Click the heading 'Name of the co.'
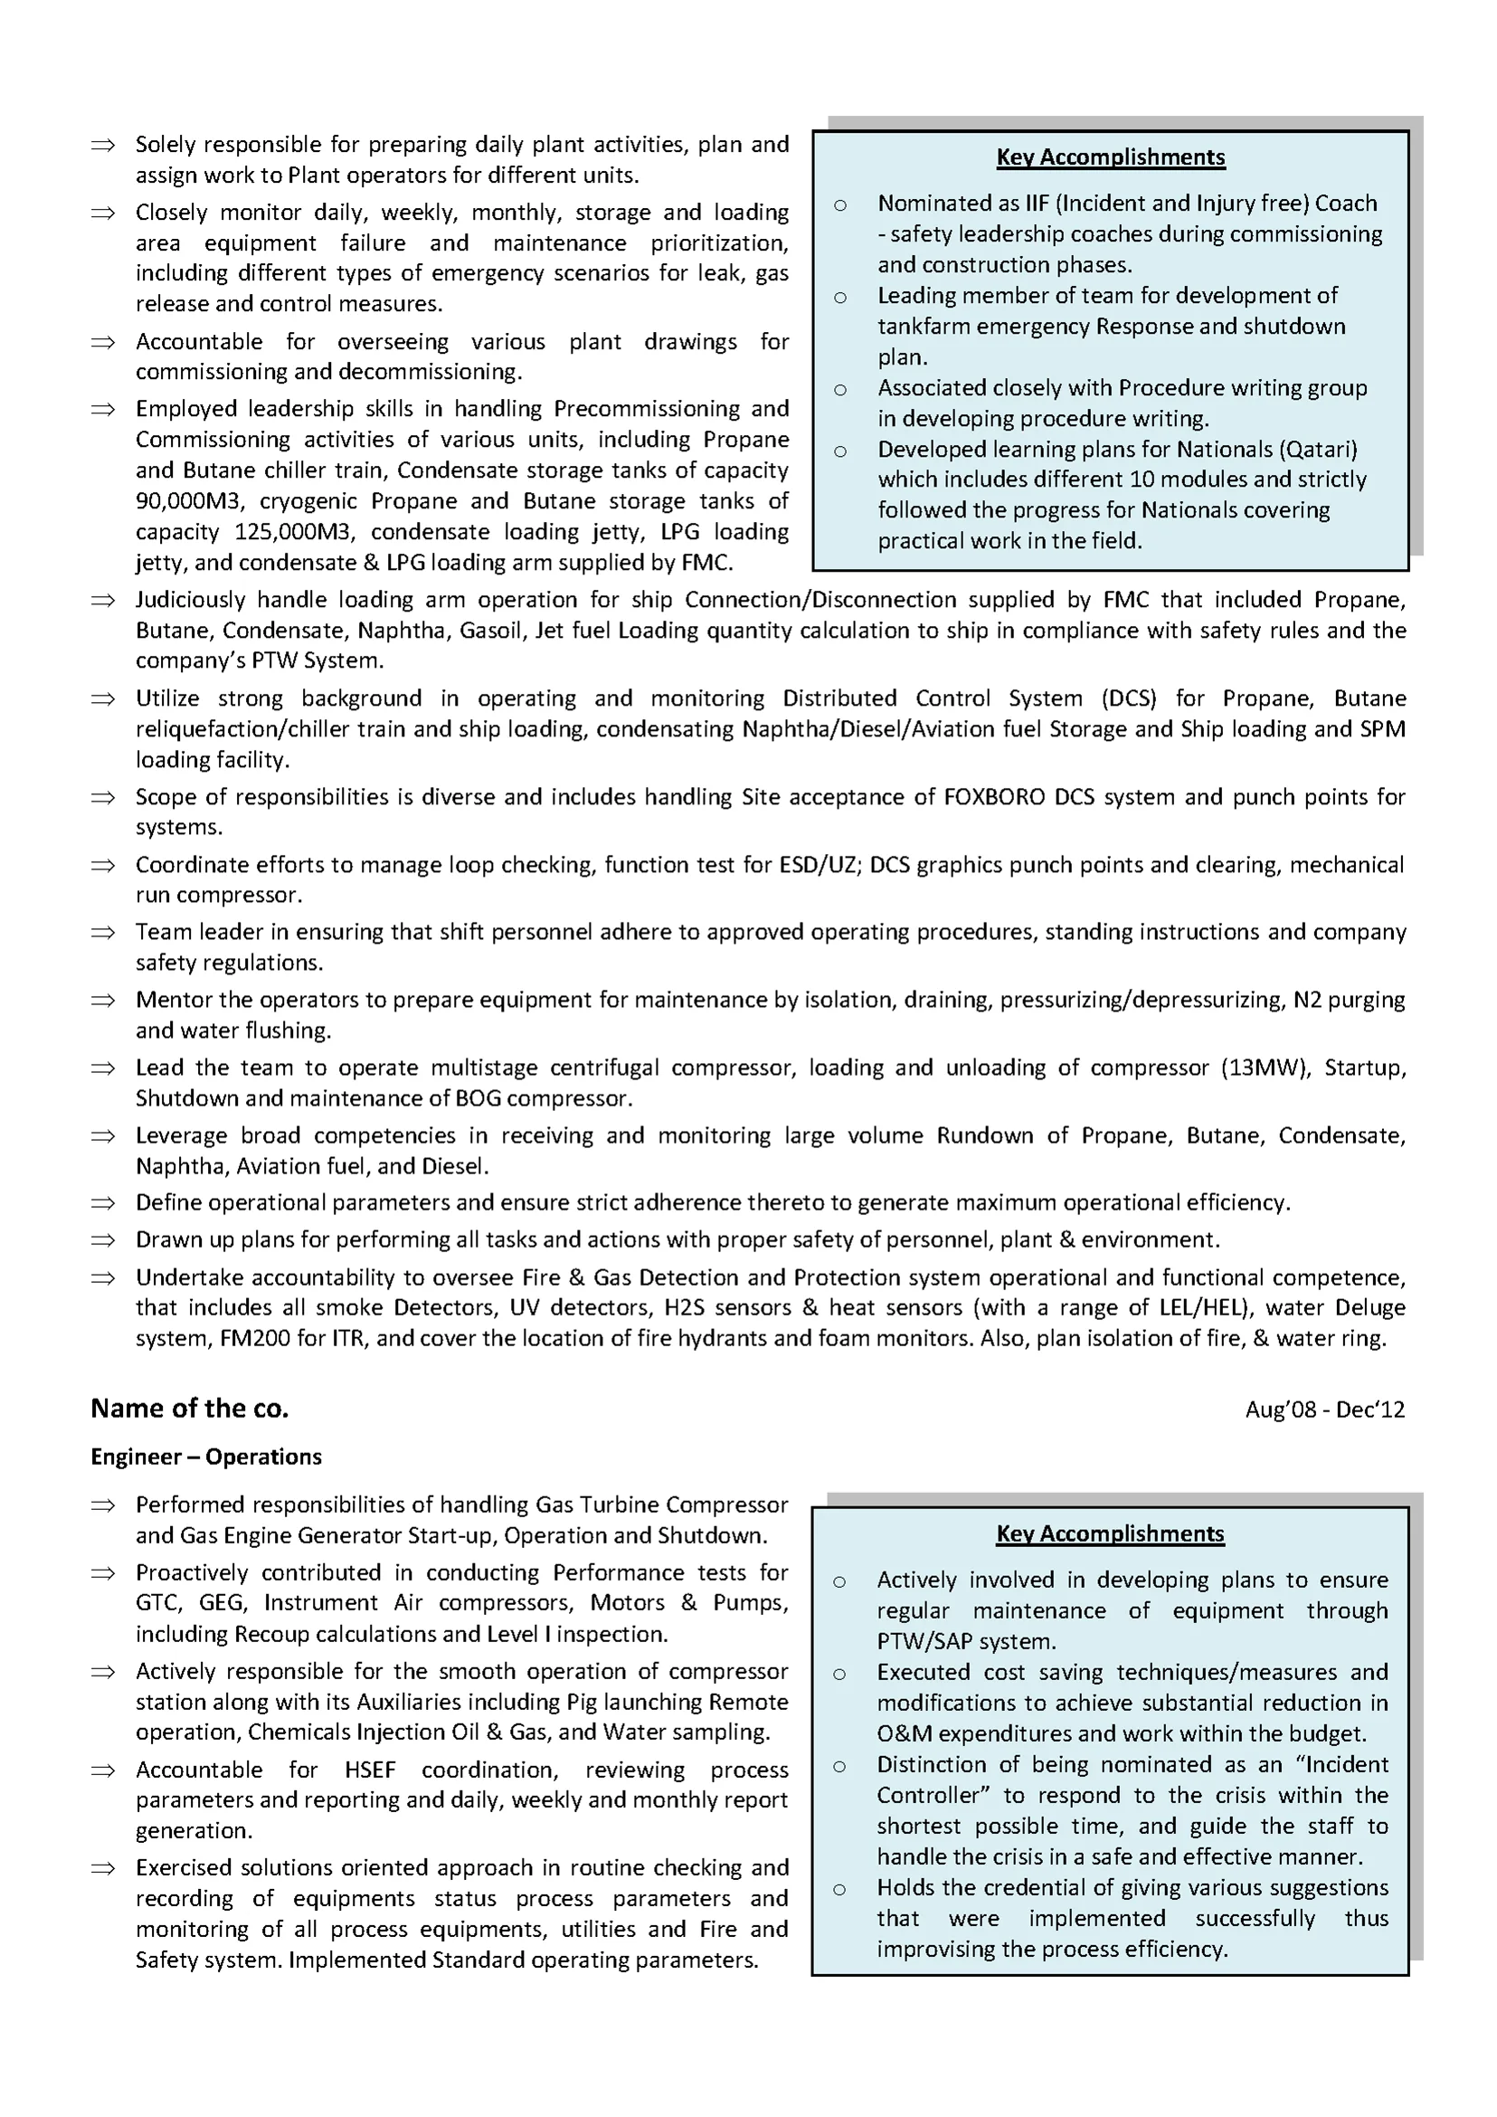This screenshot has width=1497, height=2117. pos(189,1408)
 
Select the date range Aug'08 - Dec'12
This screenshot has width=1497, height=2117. pos(1324,1409)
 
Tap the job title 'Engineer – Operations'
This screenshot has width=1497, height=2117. pos(205,1457)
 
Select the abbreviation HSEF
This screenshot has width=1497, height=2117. pos(370,1770)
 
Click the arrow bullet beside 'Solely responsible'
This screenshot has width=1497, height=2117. pos(102,145)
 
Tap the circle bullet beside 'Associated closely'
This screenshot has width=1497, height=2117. pos(839,390)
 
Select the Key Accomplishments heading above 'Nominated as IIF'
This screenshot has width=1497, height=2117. pos(1111,157)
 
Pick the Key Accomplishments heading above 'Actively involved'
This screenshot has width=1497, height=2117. pos(1110,1533)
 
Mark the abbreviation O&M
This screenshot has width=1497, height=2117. pos(905,1733)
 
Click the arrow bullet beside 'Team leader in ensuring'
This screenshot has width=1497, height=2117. pos(102,932)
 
